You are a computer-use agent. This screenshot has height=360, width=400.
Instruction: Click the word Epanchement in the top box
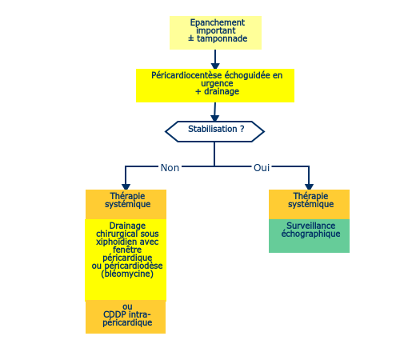click(217, 22)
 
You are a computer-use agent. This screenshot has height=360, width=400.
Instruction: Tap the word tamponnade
click(222, 38)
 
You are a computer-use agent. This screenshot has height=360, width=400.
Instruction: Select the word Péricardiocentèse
click(186, 75)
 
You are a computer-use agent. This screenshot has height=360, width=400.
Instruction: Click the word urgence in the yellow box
click(217, 83)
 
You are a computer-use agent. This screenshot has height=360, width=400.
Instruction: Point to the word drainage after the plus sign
click(222, 91)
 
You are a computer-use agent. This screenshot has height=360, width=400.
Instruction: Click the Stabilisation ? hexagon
click(214, 131)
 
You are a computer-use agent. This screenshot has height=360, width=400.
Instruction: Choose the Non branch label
click(170, 168)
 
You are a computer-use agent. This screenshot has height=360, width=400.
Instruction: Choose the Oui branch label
click(262, 168)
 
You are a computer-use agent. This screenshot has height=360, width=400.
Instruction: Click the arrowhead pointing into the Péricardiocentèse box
click(215, 66)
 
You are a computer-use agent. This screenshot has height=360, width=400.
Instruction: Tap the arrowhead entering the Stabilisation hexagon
click(214, 118)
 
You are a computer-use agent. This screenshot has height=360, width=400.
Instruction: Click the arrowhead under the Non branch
click(126, 186)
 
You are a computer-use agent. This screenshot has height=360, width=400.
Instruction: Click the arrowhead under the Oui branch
click(309, 186)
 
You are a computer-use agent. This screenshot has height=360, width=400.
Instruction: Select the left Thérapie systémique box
click(126, 205)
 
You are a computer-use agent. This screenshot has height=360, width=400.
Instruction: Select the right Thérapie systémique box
click(309, 205)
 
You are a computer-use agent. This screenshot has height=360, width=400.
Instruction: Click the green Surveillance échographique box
click(309, 236)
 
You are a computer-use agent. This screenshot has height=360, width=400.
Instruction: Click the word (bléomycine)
click(127, 274)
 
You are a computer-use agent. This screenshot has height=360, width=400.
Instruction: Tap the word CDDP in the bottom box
click(112, 314)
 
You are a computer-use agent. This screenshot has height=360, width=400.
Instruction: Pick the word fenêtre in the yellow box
click(127, 250)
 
